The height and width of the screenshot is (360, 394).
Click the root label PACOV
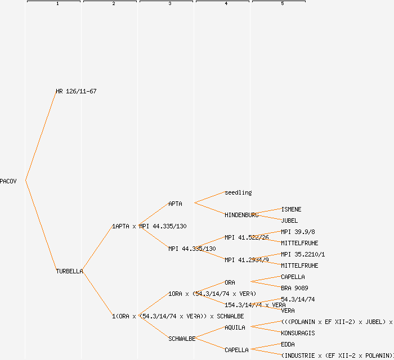click(8, 181)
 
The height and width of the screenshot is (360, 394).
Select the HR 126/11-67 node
click(76, 91)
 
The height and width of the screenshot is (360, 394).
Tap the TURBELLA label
click(69, 271)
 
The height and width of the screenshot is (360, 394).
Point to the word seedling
click(238, 192)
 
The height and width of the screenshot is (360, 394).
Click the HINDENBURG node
click(241, 215)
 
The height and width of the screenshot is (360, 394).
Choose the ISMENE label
click(291, 209)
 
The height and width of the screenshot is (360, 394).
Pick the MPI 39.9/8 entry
click(298, 232)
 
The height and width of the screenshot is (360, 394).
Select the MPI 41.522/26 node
click(247, 237)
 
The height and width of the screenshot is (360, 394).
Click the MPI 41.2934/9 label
click(247, 260)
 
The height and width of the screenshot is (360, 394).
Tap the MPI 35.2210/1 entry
click(303, 254)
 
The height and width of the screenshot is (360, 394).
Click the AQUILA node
click(235, 327)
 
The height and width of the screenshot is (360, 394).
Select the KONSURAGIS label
click(298, 333)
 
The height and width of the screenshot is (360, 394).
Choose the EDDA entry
click(288, 344)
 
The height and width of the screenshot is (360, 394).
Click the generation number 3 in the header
click(169, 4)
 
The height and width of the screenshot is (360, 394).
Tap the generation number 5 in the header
click(282, 4)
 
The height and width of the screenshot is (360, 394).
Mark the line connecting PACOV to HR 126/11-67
click(41, 136)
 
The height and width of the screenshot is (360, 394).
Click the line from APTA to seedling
click(209, 197)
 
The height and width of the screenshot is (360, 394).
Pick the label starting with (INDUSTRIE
click(337, 355)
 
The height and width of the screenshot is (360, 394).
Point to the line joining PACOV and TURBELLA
click(41, 226)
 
